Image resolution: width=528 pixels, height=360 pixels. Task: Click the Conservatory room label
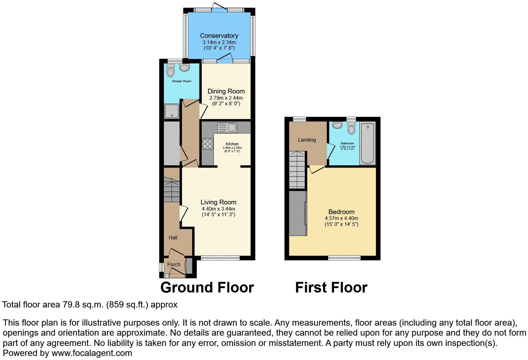(219, 36)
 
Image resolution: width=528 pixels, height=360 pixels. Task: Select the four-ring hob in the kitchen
(207, 144)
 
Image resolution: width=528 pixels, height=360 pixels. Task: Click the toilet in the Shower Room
(170, 71)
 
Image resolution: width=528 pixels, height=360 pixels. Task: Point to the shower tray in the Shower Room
(172, 111)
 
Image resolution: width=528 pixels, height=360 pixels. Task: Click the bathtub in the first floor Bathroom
(368, 143)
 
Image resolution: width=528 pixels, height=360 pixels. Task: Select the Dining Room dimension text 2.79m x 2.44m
(226, 98)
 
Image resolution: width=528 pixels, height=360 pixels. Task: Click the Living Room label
(218, 202)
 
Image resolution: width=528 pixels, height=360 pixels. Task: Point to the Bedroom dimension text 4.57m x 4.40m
(341, 218)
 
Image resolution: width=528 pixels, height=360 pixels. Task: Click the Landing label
(307, 140)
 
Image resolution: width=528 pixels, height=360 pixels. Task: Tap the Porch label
(174, 264)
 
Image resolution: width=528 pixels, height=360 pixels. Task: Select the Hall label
(173, 237)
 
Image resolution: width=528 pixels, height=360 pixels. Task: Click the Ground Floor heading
(207, 287)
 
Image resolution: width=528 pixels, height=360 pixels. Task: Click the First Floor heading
(331, 287)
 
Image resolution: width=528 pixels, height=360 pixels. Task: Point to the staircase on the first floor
(297, 170)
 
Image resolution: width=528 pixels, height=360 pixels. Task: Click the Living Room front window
(220, 258)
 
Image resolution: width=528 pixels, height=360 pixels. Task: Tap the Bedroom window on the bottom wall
(344, 258)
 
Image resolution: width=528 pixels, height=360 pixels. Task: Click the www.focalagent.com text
(92, 353)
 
